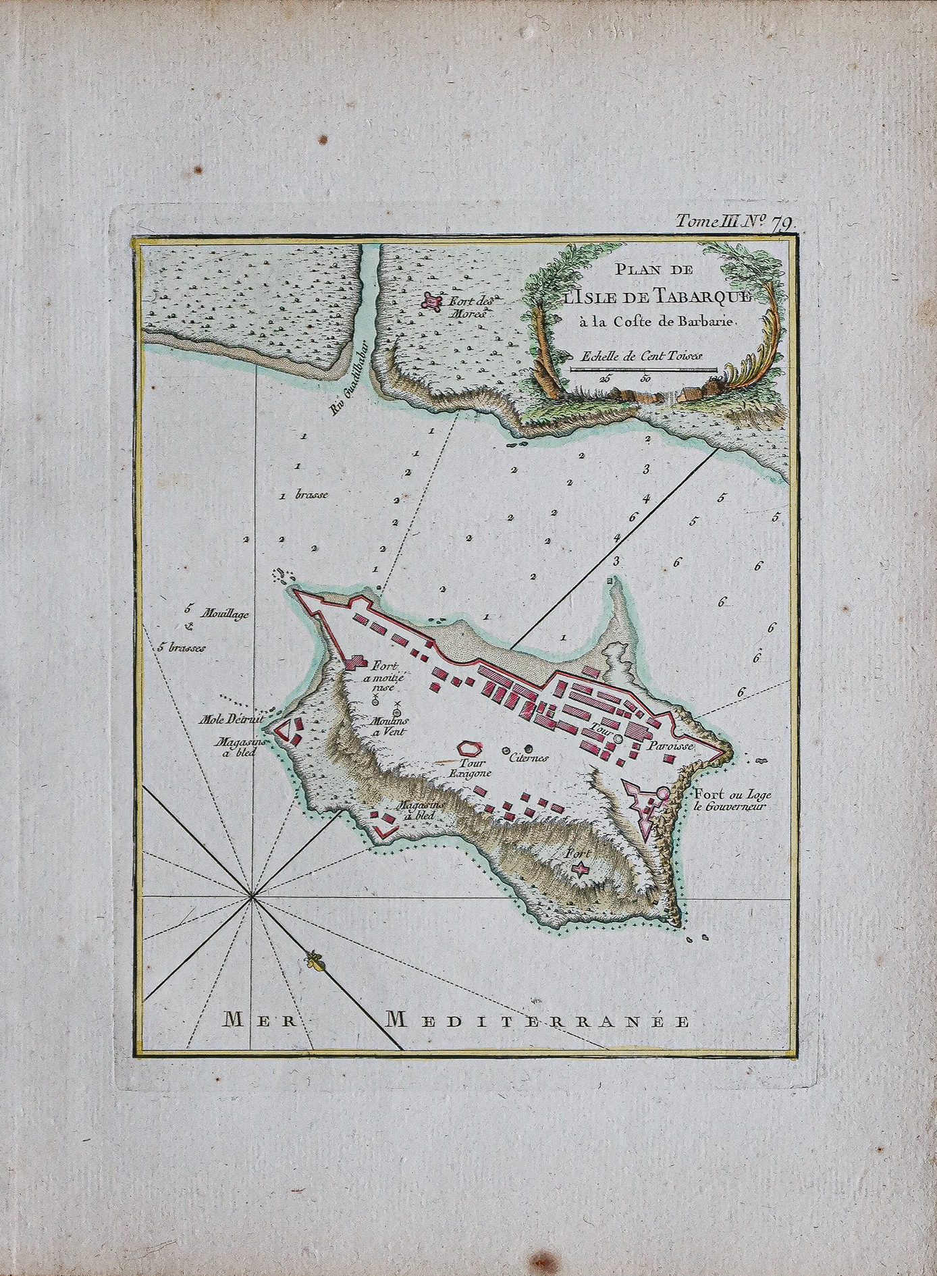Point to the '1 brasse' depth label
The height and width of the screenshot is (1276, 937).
(304, 495)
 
